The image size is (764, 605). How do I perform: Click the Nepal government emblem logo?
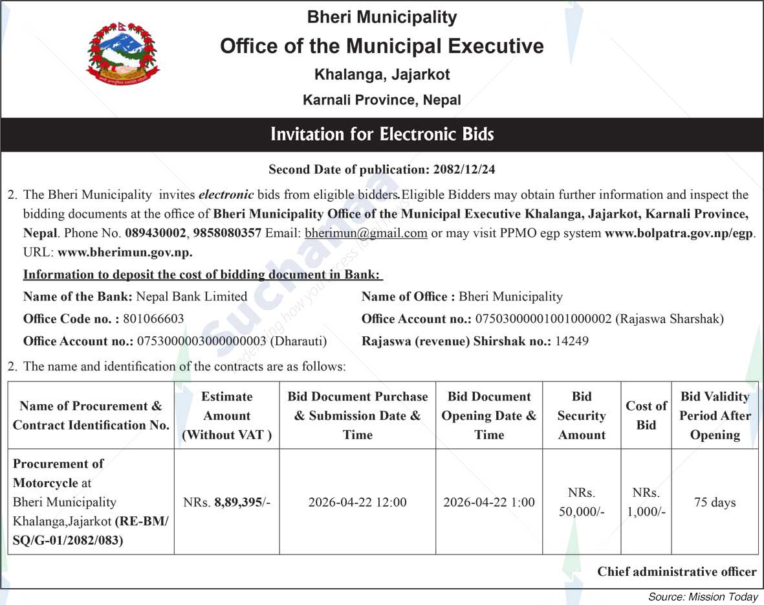coord(122,54)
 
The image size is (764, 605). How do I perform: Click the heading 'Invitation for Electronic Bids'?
coord(382,135)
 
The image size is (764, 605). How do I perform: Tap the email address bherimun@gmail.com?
coord(366,233)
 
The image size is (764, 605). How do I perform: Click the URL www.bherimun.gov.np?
coord(125,253)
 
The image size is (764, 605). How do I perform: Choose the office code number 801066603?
coord(153,319)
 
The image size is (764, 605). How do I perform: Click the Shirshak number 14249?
coord(572,341)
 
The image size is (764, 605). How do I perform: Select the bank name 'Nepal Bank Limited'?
coord(191,297)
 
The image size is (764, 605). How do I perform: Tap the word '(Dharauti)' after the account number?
coord(298,341)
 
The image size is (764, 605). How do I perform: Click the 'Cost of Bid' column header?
coord(646,415)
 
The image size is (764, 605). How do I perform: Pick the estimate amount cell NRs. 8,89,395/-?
coord(226,502)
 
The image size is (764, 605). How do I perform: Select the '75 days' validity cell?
coord(715,502)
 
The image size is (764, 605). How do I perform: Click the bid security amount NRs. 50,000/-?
coord(582,502)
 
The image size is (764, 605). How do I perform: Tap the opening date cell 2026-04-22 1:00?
coord(489,502)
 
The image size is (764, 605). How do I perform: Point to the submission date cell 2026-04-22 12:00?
coord(357,502)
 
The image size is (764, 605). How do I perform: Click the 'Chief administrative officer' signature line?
coord(677,571)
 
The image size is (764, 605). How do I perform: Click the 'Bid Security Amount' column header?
coord(582,415)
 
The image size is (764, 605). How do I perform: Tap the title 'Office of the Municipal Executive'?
coord(382,46)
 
